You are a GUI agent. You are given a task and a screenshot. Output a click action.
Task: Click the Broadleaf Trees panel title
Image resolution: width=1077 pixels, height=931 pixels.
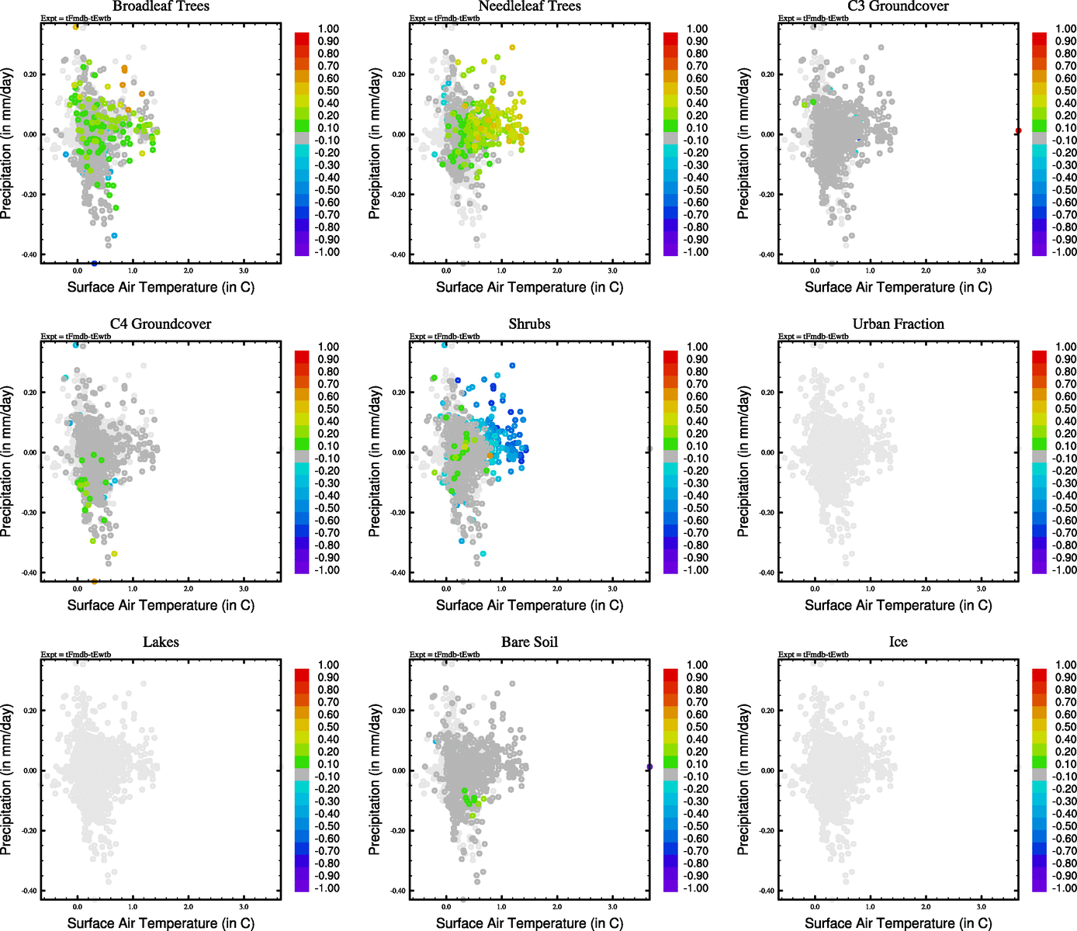pos(161,6)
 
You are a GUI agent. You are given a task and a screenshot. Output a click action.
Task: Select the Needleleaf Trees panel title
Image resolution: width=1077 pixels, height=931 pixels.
pos(529,6)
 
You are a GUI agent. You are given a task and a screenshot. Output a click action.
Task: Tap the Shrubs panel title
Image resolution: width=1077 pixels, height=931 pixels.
pos(529,324)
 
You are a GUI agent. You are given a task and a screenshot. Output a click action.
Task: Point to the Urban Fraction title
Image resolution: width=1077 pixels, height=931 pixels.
pos(898,324)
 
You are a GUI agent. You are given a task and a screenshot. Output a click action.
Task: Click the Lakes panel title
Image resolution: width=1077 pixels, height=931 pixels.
pos(161,642)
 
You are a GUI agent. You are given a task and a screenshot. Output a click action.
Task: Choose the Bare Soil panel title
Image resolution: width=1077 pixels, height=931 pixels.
pos(529,642)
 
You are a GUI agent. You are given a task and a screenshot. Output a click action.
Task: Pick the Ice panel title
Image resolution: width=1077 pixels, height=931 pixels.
pos(898,642)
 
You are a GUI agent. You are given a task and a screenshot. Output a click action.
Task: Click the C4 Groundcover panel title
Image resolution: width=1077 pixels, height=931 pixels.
pos(161,324)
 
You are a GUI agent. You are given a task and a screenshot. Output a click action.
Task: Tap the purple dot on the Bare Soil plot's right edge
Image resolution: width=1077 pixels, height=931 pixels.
pos(649,767)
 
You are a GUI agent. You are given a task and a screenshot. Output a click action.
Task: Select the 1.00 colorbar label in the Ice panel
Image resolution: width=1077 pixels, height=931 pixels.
pos(1065,665)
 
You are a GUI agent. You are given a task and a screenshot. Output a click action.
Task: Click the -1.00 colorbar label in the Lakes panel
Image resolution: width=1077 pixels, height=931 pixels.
pos(327,888)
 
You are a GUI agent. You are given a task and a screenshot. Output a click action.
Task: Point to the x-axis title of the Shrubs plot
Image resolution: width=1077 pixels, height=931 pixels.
pos(529,605)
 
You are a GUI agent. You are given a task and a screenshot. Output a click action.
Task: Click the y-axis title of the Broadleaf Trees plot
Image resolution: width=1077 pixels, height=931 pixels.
pos(7,144)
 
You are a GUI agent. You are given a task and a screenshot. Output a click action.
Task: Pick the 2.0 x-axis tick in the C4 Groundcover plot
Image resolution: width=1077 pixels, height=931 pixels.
pos(189,589)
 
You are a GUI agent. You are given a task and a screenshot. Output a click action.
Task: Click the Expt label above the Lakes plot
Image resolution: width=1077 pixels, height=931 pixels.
pos(76,655)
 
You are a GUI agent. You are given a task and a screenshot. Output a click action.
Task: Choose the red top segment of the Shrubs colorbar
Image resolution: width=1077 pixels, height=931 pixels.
pos(670,356)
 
